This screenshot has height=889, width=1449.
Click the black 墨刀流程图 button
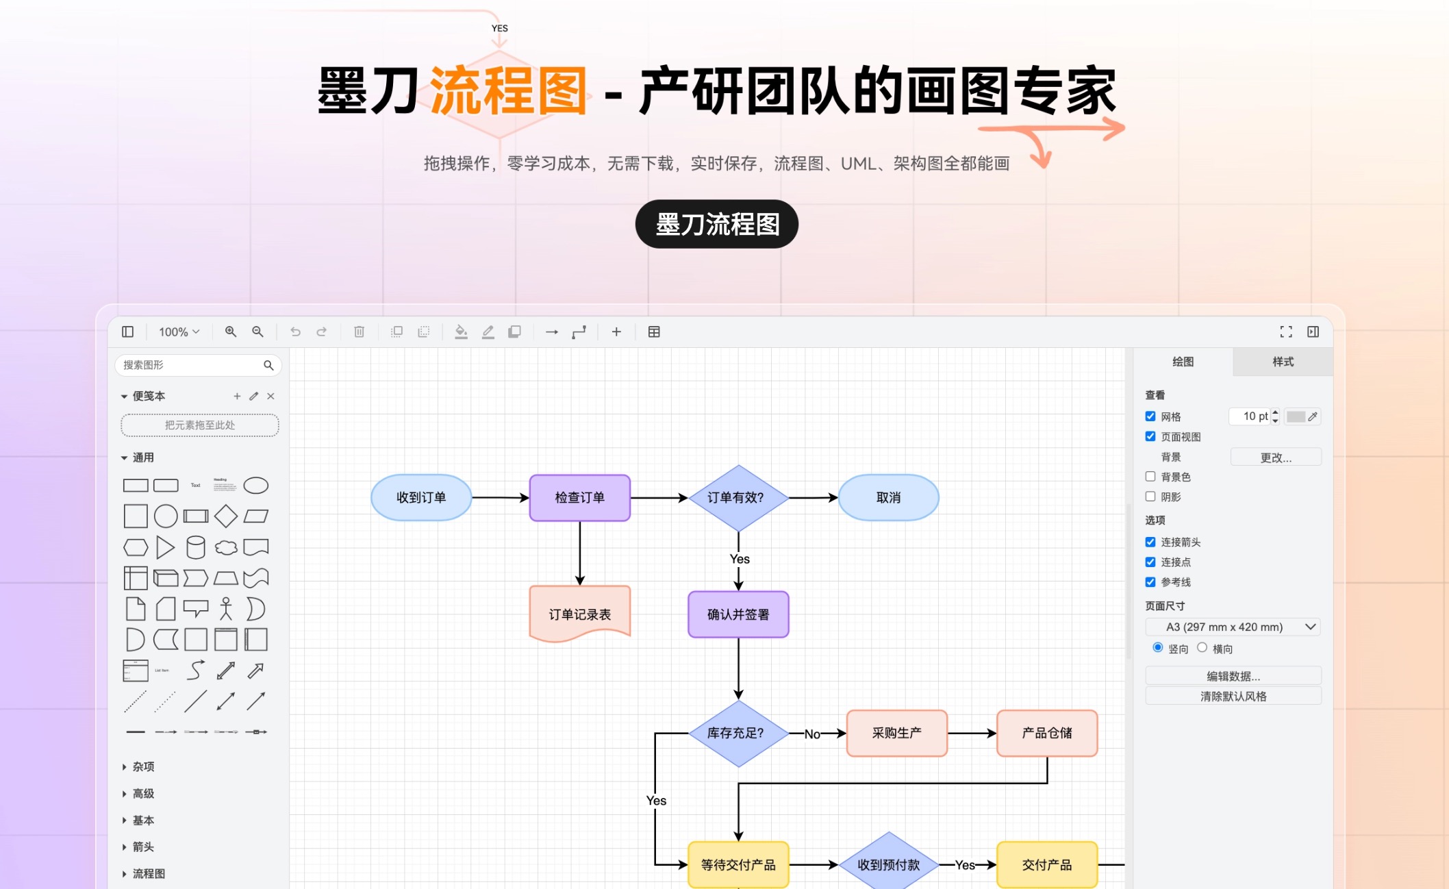pyautogui.click(x=716, y=224)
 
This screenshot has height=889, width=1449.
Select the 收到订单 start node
pyautogui.click(x=421, y=498)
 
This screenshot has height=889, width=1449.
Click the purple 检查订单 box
pyautogui.click(x=579, y=498)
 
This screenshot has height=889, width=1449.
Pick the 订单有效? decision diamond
pyautogui.click(x=738, y=498)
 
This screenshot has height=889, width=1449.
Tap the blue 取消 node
pyautogui.click(x=888, y=498)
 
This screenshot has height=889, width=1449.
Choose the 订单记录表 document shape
pyautogui.click(x=579, y=614)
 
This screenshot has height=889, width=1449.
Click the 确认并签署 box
pyautogui.click(x=738, y=614)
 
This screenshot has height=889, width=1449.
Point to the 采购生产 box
pyautogui.click(x=896, y=733)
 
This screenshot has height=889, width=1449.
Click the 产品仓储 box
pyautogui.click(x=1046, y=733)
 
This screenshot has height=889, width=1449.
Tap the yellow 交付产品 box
pyautogui.click(x=1046, y=865)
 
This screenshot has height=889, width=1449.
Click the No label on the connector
pyautogui.click(x=812, y=734)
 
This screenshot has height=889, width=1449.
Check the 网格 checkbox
pyautogui.click(x=1150, y=416)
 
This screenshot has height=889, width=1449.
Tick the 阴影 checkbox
pyautogui.click(x=1150, y=497)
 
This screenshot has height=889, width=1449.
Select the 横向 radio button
pyautogui.click(x=1202, y=648)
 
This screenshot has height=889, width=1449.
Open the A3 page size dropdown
pyautogui.click(x=1233, y=627)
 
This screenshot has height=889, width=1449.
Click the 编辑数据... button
pyautogui.click(x=1233, y=676)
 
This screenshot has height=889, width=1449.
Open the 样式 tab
pyautogui.click(x=1283, y=362)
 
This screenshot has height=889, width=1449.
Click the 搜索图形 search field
pyautogui.click(x=192, y=365)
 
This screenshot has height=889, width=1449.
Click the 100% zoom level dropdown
pyautogui.click(x=179, y=332)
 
